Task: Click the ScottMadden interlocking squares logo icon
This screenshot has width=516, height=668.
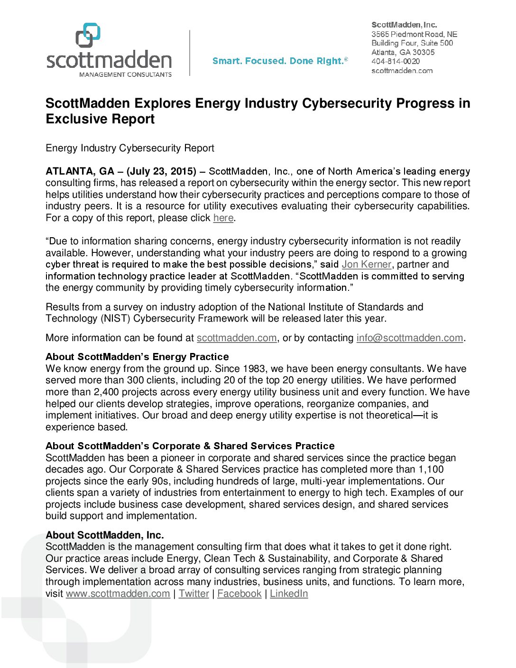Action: pos(88,35)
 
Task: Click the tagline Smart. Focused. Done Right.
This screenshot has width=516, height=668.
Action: pos(280,61)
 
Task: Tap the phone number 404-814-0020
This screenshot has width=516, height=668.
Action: pos(395,61)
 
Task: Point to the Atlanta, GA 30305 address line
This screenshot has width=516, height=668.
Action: pos(403,52)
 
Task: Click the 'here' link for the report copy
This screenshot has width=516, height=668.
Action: pos(223,218)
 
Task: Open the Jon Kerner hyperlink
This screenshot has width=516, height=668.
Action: pos(367,264)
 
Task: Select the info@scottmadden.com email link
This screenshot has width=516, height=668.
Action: pos(410,338)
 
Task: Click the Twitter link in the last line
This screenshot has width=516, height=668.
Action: pos(193,594)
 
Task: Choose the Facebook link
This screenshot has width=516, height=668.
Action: pos(239,594)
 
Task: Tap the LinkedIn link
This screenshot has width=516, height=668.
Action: pos(289,594)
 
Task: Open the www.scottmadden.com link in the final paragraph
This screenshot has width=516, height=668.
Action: pos(118,594)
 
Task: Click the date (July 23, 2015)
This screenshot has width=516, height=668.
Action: pos(161,171)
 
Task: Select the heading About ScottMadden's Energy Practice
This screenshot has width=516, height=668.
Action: pos(137,357)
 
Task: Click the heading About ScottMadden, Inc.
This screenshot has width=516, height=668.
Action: pos(105,535)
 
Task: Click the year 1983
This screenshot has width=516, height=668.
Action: pos(254,369)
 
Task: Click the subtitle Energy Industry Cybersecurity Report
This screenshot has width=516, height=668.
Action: pos(130,148)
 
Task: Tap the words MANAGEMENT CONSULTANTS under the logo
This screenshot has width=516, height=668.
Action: pos(125,74)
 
